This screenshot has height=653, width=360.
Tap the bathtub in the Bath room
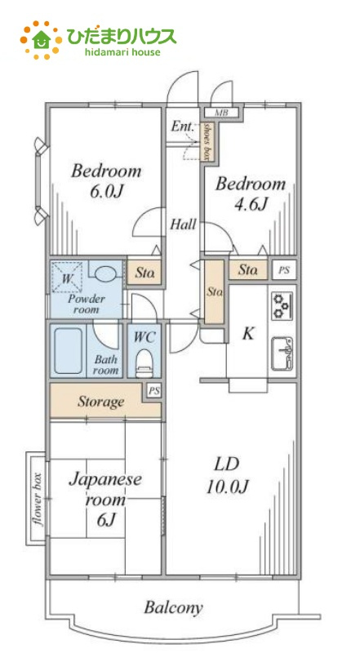click(x=68, y=351)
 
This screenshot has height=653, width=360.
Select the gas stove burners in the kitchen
click(x=282, y=306)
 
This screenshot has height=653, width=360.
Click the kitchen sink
click(x=282, y=353)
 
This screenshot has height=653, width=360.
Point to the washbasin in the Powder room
click(x=105, y=273)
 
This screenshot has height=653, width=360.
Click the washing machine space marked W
click(x=66, y=277)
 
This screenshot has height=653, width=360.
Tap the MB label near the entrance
click(x=221, y=113)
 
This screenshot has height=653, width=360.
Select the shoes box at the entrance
click(x=206, y=141)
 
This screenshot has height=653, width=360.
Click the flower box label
click(x=38, y=500)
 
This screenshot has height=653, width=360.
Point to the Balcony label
click(x=173, y=607)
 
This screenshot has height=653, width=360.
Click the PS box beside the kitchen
click(x=284, y=270)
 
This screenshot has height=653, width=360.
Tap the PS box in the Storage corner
click(x=154, y=392)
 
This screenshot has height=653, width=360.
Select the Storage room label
click(x=101, y=402)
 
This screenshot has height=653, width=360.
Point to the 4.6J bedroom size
click(x=251, y=203)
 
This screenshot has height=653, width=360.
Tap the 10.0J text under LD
click(x=227, y=486)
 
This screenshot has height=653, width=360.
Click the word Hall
click(x=183, y=224)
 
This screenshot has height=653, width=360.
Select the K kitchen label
click(x=248, y=334)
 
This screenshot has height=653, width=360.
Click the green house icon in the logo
click(x=42, y=39)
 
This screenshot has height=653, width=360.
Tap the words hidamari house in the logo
click(x=122, y=52)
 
